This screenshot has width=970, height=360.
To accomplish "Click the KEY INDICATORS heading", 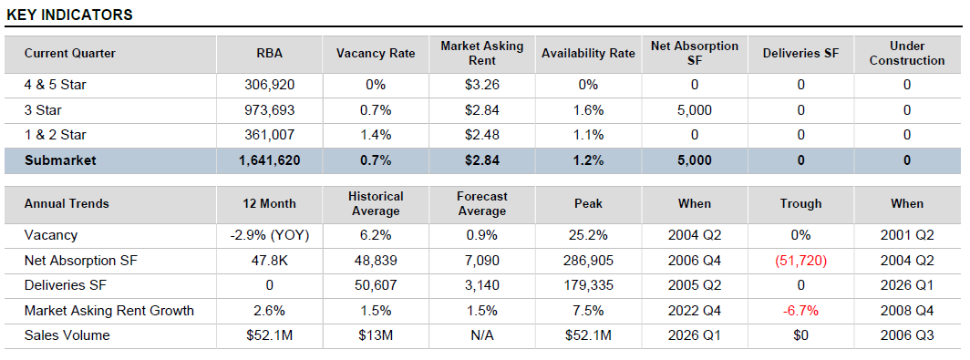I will [x=70, y=15].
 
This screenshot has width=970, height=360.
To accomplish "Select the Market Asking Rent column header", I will [x=482, y=53].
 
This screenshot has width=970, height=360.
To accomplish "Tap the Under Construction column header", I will [x=906, y=53].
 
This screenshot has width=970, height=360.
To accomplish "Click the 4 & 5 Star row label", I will [x=56, y=85].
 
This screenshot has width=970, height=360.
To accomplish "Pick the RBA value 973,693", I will [x=270, y=110].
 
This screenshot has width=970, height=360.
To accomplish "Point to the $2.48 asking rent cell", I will [x=482, y=135].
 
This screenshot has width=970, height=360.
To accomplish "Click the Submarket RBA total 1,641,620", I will [x=270, y=160].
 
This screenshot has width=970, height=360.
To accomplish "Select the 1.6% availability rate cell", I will [x=588, y=110].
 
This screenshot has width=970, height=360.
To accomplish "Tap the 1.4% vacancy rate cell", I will [x=376, y=135].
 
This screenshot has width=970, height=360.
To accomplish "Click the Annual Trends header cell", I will [x=67, y=203].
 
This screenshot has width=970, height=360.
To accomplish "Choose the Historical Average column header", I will [x=376, y=203].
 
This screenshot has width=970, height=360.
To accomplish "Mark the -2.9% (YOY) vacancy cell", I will [x=270, y=235].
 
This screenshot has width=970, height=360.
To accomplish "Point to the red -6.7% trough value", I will [x=800, y=311].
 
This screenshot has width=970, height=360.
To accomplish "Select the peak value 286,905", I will [x=588, y=261].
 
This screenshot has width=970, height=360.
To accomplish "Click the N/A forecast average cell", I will [x=482, y=335].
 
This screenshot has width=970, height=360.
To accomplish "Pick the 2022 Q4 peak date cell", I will [x=694, y=311].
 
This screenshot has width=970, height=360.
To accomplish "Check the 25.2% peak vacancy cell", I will [x=588, y=235].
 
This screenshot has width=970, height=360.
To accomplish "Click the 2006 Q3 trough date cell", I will [x=906, y=335].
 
